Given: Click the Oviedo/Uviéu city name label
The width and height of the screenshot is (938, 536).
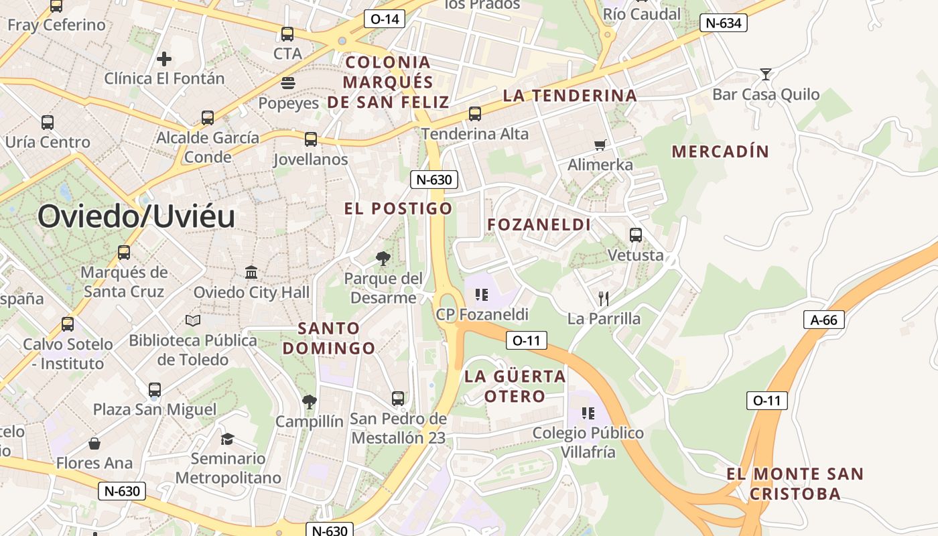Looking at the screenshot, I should coord(136,216).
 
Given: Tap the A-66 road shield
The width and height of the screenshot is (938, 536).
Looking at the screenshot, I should coord(823,320).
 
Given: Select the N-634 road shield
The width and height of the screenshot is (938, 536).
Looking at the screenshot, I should coord(723,23).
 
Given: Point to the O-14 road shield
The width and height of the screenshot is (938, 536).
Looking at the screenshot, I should coord(385,19).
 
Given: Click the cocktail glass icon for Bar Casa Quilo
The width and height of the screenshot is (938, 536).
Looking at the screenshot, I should coord(765,74).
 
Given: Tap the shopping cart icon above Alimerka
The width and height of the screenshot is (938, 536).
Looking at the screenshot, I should coord(600,145).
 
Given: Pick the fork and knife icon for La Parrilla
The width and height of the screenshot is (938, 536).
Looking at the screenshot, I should coord(604,299).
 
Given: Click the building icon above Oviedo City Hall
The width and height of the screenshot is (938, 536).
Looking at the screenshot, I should coord(251,273).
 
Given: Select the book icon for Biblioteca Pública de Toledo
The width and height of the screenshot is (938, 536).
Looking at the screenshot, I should coord(193,321).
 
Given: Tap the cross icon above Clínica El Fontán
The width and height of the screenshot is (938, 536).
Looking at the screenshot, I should coord(164,59).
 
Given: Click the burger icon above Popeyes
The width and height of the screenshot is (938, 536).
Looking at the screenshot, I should coord(288,84).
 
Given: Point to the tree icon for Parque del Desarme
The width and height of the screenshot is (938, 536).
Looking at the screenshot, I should coord(383,258).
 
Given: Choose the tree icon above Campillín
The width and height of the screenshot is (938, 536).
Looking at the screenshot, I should coord(309,401).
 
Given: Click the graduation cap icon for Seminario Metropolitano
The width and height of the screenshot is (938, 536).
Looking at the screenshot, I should coord(228,439).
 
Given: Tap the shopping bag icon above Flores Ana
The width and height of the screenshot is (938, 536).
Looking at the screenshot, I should coord(94,444).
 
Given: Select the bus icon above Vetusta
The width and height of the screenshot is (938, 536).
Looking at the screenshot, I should coord(635,235).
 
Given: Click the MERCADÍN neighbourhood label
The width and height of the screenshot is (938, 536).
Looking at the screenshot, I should coord(720,151).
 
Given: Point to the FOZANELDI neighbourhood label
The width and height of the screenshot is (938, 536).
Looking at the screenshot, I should coord(539,224).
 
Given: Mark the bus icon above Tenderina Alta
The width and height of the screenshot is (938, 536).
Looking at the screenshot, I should coord(475,114).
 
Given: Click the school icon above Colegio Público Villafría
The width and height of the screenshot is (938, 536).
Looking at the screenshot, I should coord(588,413).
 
